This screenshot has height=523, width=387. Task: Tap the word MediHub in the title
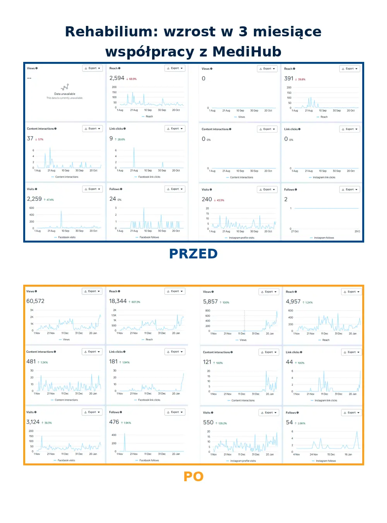coord(247,51)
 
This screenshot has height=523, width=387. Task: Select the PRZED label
coord(193,254)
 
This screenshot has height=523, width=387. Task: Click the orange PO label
coord(193,476)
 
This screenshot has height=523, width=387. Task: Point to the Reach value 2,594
coord(116,78)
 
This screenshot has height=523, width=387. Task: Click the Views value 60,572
coord(35,301)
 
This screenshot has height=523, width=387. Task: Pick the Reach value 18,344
coord(118,301)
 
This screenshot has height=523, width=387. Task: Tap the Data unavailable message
coord(65,94)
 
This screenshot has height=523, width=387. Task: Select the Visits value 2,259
coord(34,199)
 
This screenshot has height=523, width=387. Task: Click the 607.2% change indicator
coord(135,302)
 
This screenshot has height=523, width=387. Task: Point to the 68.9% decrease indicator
coord(132,79)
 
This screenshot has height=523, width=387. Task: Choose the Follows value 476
coord(114,422)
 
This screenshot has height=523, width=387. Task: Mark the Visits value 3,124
coord(33,422)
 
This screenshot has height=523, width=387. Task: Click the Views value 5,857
coord(210,301)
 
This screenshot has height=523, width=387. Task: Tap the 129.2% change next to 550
coord(222,423)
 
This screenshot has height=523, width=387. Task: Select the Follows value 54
coord(289,422)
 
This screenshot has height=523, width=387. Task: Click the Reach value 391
coord(289,79)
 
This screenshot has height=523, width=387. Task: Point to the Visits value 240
coord(207,199)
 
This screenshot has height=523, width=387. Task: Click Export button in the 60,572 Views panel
coord(92,291)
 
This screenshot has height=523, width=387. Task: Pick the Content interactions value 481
coord(31,361)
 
